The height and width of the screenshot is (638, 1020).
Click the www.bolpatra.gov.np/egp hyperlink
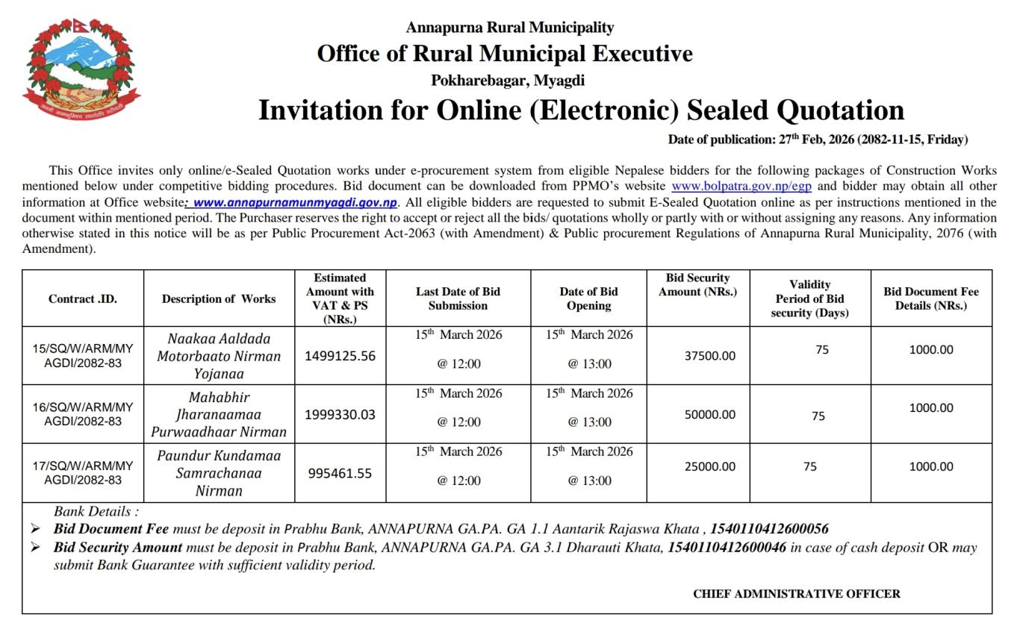coord(741,187)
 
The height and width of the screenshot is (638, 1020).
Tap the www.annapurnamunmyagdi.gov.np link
coord(294,202)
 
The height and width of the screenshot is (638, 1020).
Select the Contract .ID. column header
coord(83,298)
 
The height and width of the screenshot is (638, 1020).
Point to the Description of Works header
coord(219,298)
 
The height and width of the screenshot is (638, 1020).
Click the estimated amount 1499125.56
coord(340,356)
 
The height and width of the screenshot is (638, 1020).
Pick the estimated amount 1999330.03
coord(340,414)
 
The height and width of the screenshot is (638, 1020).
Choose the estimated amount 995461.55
coord(340,473)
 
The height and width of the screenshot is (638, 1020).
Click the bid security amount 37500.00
coord(709,356)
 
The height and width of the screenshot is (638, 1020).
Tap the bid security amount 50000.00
coord(709,414)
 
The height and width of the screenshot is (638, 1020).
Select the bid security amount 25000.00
coord(709,466)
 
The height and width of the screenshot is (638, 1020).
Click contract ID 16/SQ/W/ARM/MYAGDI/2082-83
coord(83,414)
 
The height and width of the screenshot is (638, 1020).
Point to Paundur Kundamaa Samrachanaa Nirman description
coord(219,473)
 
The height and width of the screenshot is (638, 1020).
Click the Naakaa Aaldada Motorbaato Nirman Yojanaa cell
coord(219,356)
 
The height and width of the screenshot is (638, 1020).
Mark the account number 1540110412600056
coord(768,529)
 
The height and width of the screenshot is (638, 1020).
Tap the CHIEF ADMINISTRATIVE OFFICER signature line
coord(796,594)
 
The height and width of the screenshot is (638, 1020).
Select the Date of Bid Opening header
coord(588,298)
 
